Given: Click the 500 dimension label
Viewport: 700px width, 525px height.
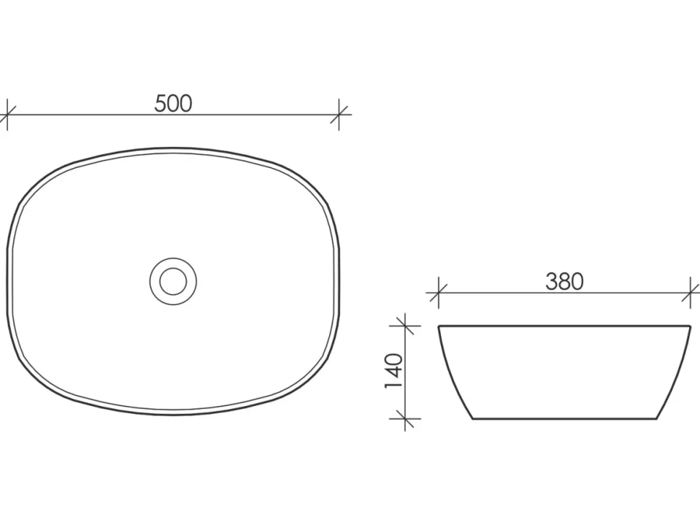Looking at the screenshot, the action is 173,103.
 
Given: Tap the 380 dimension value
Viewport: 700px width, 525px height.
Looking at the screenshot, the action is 564,282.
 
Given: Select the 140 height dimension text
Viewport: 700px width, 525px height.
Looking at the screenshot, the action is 393,371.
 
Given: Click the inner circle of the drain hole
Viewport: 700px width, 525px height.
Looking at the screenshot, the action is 173,281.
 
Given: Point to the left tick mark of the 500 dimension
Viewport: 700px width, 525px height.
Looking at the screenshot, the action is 7,115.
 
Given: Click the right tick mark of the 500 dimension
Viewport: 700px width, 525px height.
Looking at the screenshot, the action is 339,115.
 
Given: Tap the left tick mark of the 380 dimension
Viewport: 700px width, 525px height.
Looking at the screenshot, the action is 438,293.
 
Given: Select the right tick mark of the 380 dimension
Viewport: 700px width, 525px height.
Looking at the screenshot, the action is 691,293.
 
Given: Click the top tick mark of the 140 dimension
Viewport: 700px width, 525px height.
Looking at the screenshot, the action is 405,326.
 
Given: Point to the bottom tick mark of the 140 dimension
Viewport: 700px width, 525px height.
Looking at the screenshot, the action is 405,419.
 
